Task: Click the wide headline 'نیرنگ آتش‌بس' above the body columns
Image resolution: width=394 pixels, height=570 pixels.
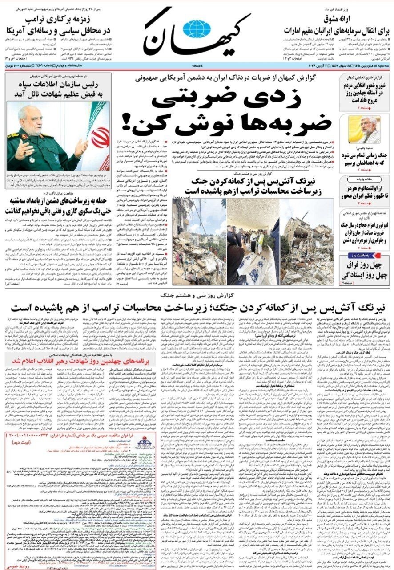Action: pyautogui.click(x=197, y=308)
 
